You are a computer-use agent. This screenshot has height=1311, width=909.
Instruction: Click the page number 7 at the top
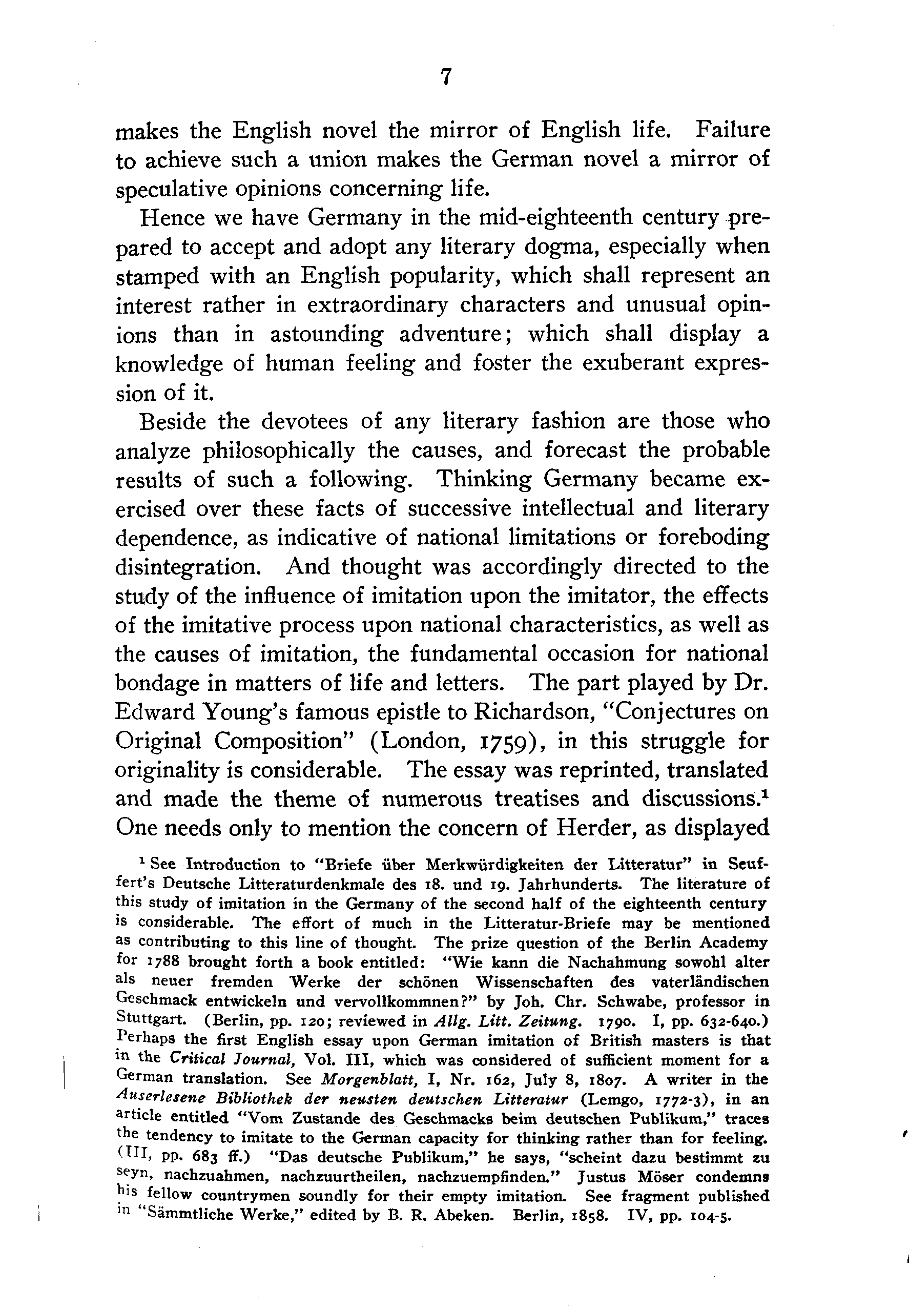click(446, 77)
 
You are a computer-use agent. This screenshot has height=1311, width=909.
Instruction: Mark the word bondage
click(157, 683)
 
